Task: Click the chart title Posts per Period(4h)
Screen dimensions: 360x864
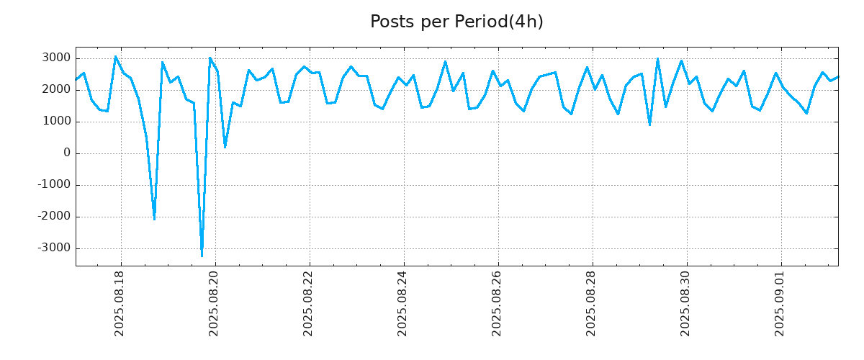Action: pyautogui.click(x=456, y=22)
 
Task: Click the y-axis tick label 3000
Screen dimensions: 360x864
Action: pyautogui.click(x=55, y=58)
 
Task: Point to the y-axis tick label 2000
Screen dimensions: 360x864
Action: pyautogui.click(x=55, y=90)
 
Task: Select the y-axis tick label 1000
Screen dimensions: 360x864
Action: pyautogui.click(x=55, y=122)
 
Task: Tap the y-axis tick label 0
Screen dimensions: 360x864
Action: pyautogui.click(x=67, y=153)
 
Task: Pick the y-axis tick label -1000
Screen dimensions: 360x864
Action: pyautogui.click(x=53, y=185)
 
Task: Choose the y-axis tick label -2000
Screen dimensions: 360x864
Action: pyautogui.click(x=53, y=217)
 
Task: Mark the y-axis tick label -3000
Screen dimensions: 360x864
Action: pyautogui.click(x=53, y=248)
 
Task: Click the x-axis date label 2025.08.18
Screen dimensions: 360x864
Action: pyautogui.click(x=120, y=303)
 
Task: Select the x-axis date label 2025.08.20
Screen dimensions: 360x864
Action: pyautogui.click(x=215, y=303)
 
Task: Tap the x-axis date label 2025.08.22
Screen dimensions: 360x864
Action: pyautogui.click(x=309, y=303)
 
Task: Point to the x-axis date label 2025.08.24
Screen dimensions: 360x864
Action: pyautogui.click(x=403, y=303)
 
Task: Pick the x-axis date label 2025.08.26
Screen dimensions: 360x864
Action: pyautogui.click(x=498, y=303)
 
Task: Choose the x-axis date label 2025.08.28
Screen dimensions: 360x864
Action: pyautogui.click(x=592, y=303)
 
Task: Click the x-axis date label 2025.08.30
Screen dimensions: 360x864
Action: pyautogui.click(x=686, y=303)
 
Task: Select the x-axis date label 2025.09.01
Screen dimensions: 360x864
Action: pyautogui.click(x=780, y=303)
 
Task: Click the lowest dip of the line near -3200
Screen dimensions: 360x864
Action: pyautogui.click(x=202, y=256)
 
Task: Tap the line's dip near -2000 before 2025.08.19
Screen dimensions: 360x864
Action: pyautogui.click(x=154, y=219)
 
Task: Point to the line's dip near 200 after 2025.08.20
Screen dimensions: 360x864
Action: pyautogui.click(x=225, y=147)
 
